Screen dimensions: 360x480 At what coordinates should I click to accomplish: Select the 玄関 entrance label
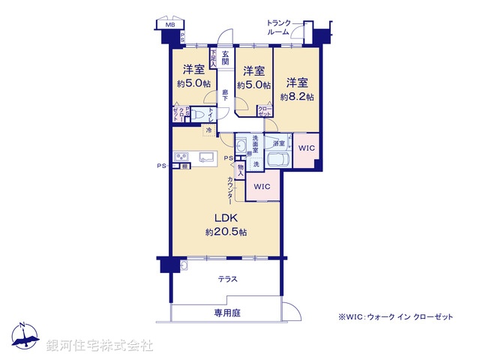tap(225, 57)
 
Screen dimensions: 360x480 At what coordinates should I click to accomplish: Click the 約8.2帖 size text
tap(297, 97)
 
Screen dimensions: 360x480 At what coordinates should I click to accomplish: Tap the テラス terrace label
tap(228, 279)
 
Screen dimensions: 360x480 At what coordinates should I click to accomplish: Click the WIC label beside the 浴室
tap(306, 148)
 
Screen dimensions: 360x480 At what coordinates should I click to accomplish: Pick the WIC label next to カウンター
tap(262, 186)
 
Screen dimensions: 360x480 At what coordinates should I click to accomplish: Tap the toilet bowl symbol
tap(198, 115)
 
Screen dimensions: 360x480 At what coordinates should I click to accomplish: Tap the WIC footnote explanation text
tap(395, 317)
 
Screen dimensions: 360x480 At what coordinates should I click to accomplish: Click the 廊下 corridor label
tap(225, 95)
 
